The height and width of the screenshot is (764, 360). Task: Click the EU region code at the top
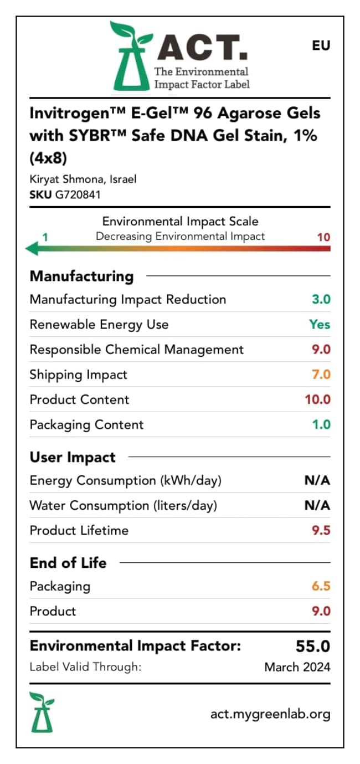pos(321,45)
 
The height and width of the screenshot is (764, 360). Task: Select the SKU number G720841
pos(78,194)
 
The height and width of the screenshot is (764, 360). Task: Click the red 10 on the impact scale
pos(323,237)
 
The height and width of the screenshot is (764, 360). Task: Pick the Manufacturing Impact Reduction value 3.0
pos(321,299)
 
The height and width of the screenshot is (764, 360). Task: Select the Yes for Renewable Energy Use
pos(320,324)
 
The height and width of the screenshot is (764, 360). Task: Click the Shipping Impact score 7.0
pos(321,375)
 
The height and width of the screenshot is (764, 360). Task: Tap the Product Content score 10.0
pos(318,399)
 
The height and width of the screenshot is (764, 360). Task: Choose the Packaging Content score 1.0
pos(321,424)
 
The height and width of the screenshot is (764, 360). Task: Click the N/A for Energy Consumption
pos(317,480)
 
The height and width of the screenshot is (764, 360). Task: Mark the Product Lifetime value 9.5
pos(321,530)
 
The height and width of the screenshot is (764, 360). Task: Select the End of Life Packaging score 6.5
pos(321,586)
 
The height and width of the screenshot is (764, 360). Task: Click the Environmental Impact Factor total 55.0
pos(313,647)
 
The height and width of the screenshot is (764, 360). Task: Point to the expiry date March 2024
pos(297,667)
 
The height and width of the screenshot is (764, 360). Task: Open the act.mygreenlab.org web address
pos(270,714)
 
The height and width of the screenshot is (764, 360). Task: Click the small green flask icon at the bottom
pos(42,711)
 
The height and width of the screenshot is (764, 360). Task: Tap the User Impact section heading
pos(73,458)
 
